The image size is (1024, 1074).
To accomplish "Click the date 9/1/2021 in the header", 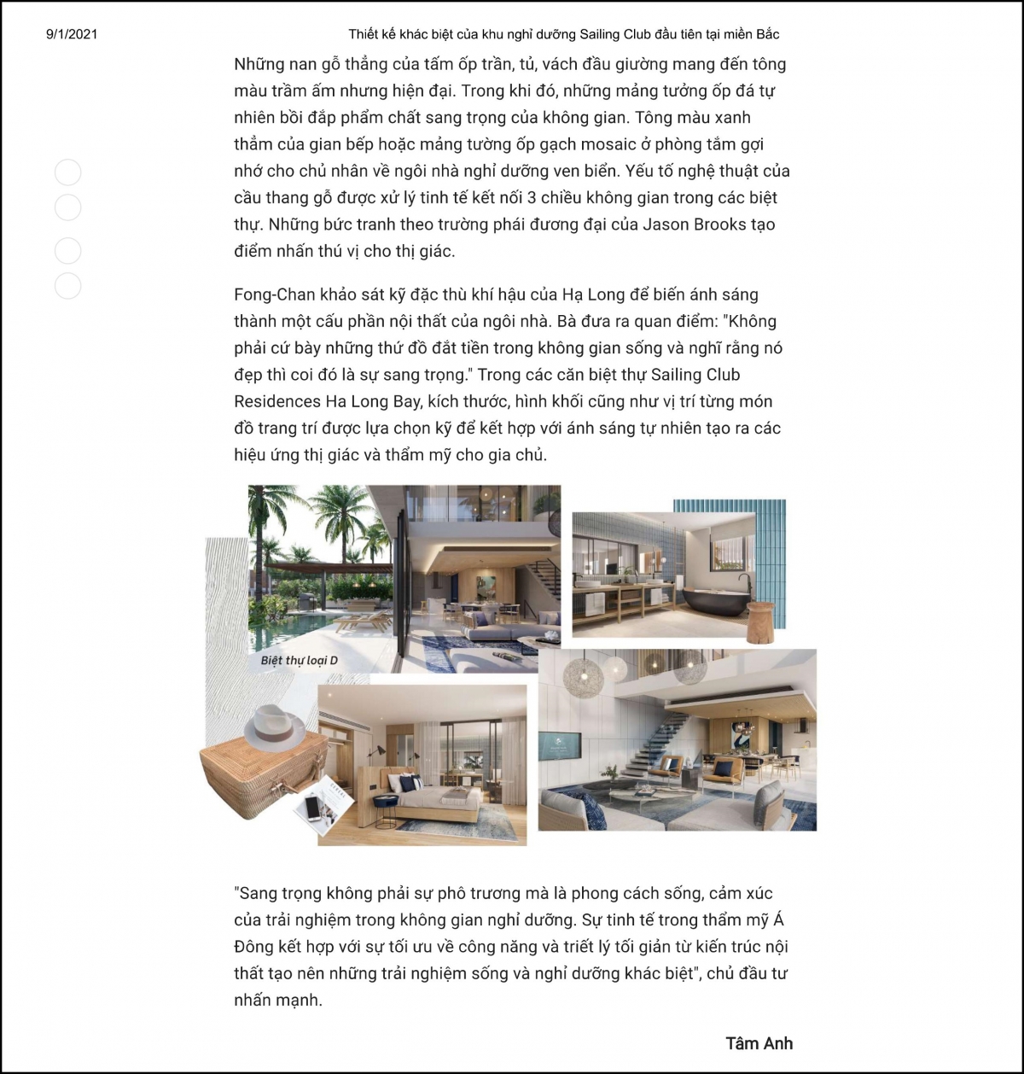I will [x=72, y=34].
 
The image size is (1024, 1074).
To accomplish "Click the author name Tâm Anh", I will [x=759, y=1042].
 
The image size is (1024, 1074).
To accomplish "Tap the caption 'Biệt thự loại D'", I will [x=300, y=660].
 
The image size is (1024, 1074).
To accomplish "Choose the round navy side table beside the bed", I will [x=385, y=801].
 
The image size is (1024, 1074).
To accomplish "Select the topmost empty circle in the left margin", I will [x=67, y=172].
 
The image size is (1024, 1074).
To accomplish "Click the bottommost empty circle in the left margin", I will [x=67, y=285].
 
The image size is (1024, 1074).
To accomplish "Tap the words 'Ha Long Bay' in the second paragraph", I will [x=375, y=401].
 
